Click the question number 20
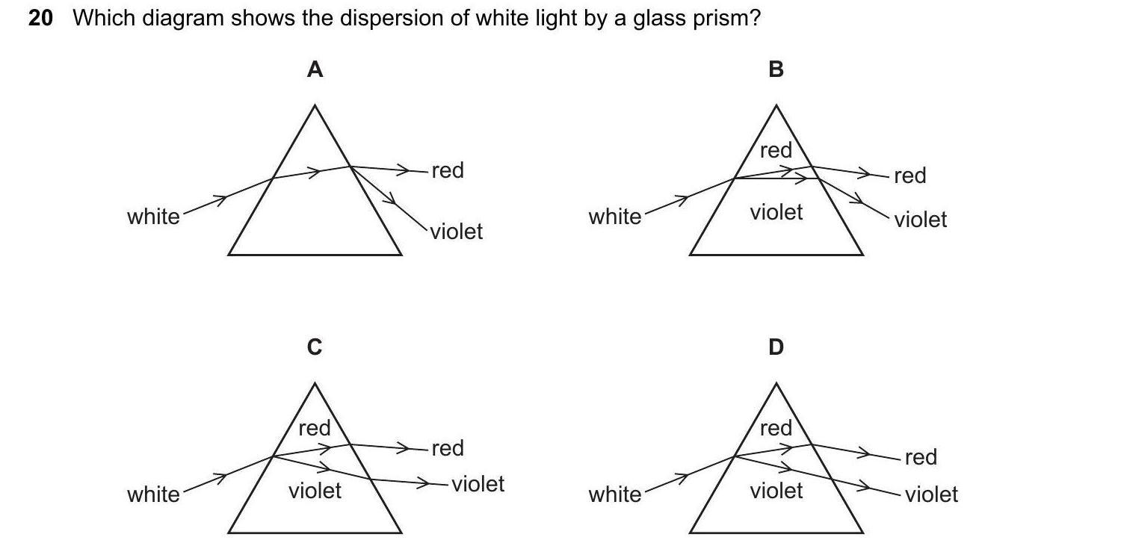coord(41,18)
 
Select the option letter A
coord(315,69)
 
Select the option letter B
coord(776,69)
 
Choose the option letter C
coord(315,347)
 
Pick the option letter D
coord(776,347)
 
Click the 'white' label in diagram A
coord(153,217)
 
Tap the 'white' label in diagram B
coord(614,217)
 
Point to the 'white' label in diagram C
coord(153,494)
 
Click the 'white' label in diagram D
coord(614,494)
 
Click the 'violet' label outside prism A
coord(457,232)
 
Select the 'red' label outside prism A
coord(448,170)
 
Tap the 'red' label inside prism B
coord(776,150)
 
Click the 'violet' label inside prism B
coord(776,212)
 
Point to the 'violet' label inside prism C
coord(315,491)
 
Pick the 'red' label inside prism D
coord(776,428)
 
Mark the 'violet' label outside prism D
coord(931,494)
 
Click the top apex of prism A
coord(315,105)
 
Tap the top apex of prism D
coord(776,384)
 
